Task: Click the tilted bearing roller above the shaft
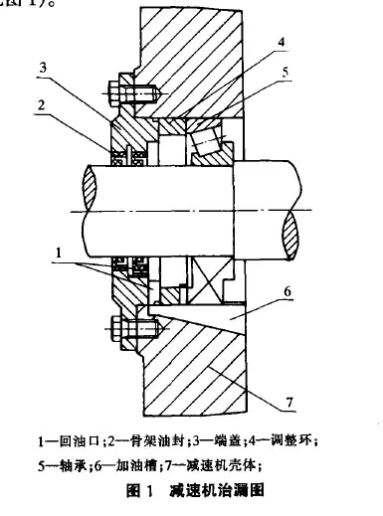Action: (209, 147)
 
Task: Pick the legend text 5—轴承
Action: (66, 461)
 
